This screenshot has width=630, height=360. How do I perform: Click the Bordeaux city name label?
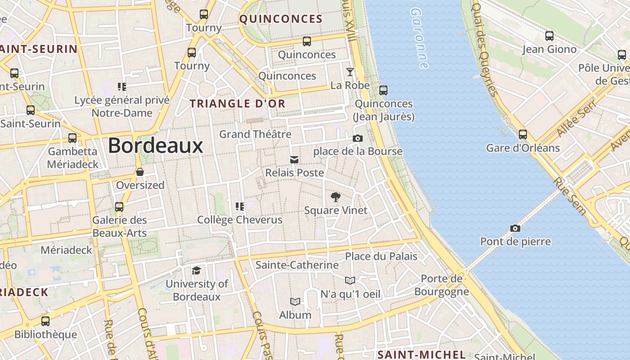coord(155,145)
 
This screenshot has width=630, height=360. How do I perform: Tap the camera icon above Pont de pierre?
coord(515,229)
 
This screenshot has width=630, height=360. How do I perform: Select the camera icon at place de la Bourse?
coord(358,138)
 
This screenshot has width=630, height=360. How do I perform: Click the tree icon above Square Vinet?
coord(335,197)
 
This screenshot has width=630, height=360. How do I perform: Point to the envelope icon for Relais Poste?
coord(294,160)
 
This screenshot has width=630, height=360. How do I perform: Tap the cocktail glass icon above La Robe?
coord(350,72)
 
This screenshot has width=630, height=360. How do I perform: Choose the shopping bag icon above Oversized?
coord(140,172)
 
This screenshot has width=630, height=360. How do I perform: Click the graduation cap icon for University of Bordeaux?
coord(196,270)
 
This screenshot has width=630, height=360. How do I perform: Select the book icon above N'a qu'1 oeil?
coord(350,281)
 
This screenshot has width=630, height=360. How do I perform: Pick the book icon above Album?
coord(295,301)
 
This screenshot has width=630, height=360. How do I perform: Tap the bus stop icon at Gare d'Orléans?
coord(523,134)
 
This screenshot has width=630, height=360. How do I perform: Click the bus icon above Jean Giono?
coord(549,36)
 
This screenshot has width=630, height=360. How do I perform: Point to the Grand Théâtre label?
coord(255,134)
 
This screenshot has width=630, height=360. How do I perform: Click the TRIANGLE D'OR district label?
coord(238,103)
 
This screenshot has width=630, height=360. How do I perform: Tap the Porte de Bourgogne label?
coord(441,285)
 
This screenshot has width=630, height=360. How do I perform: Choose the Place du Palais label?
coord(381,256)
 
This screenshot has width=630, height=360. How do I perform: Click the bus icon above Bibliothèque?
coord(45,321)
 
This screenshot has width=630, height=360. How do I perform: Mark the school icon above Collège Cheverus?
coord(240,207)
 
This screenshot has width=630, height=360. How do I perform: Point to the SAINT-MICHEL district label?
coord(422,355)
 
